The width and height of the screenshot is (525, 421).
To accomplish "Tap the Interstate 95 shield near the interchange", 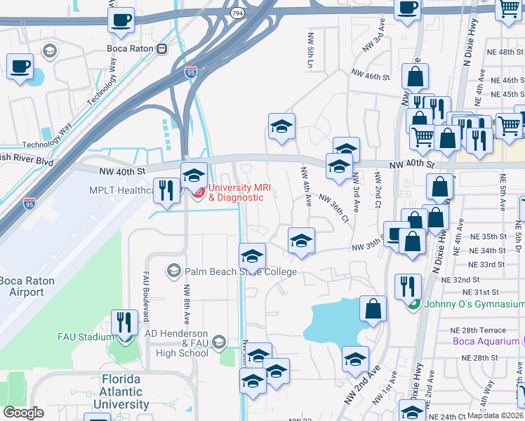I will [x=191, y=71].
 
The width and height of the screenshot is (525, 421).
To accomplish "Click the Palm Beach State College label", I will [x=240, y=272].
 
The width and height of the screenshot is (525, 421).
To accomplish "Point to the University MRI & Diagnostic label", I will [x=236, y=192].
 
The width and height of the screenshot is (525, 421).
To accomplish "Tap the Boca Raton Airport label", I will [x=26, y=286].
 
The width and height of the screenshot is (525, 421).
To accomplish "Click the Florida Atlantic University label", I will [x=111, y=392].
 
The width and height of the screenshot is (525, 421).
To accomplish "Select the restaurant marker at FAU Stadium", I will [x=124, y=322].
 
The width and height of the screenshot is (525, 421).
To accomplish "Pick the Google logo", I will [x=23, y=412].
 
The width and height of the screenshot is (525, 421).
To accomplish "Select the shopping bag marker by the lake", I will [x=373, y=308].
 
